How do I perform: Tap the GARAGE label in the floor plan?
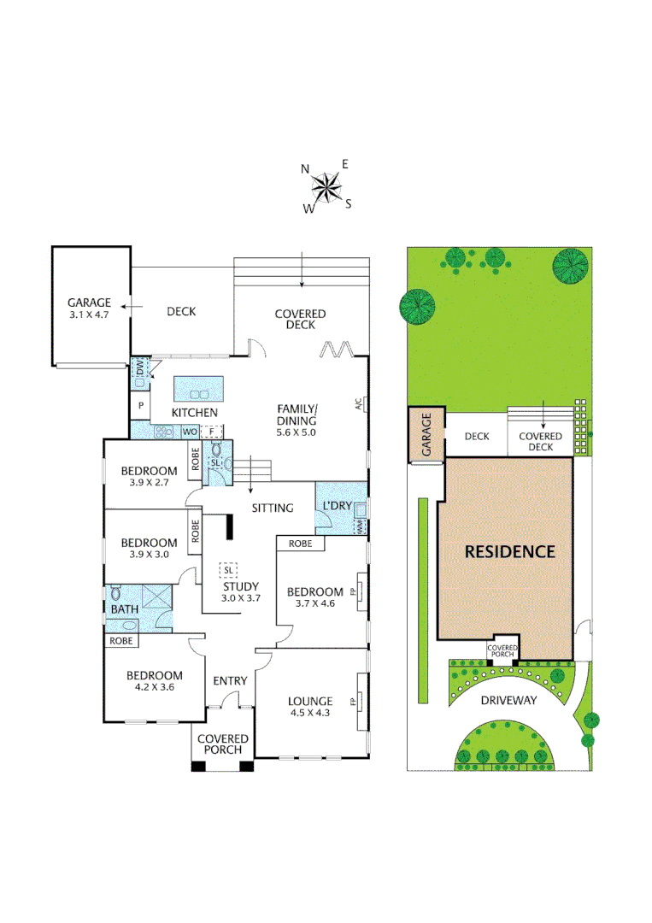point(90,303)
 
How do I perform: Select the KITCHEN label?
point(195,413)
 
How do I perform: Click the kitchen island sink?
point(199,395)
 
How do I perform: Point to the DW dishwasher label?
point(141,368)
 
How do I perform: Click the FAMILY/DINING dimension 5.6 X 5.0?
point(296,433)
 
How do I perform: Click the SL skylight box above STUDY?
point(228,569)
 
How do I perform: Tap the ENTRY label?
point(230,681)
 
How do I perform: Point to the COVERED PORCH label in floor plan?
point(223,744)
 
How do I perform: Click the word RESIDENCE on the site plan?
point(509,551)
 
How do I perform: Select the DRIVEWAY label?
point(508,700)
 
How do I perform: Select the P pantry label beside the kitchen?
point(140,406)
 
